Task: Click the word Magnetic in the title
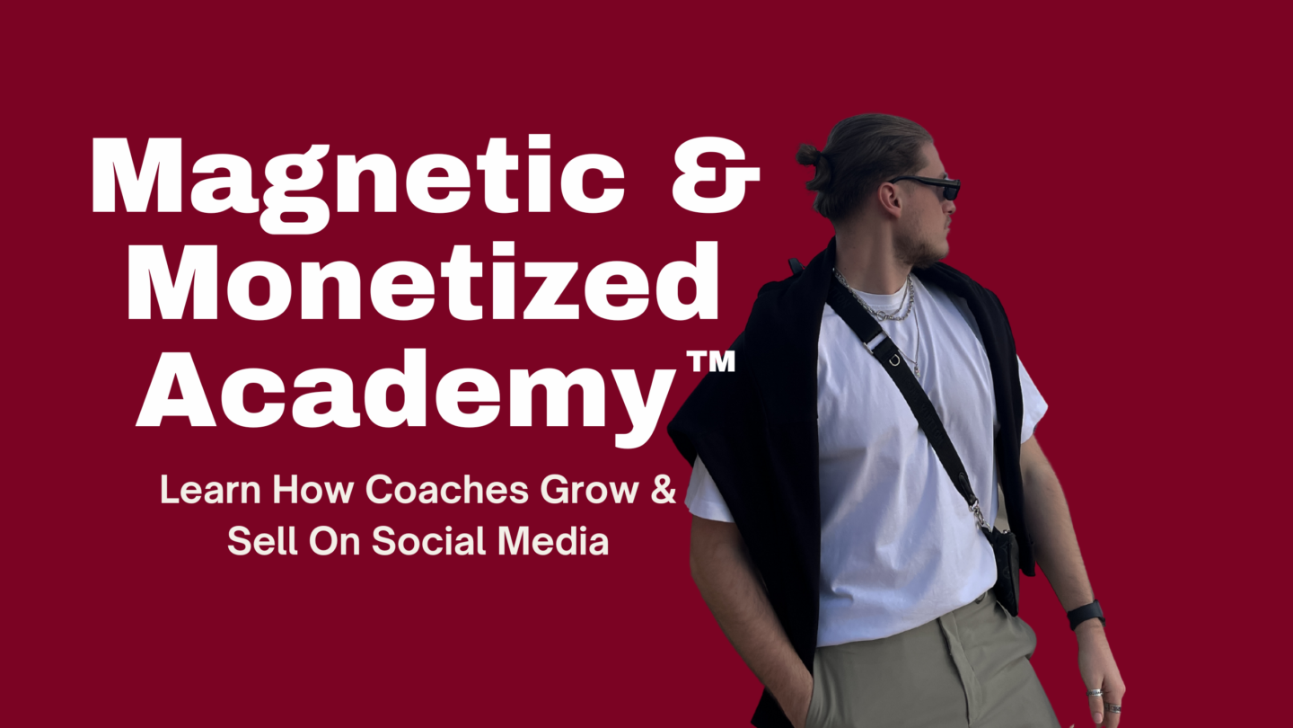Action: click(x=358, y=182)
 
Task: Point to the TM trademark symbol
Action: click(x=711, y=360)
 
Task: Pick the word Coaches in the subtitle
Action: click(x=447, y=490)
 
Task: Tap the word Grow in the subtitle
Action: click(x=589, y=490)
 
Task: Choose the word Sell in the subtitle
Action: click(x=262, y=541)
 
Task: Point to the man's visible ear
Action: click(x=890, y=198)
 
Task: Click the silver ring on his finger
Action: click(x=1095, y=692)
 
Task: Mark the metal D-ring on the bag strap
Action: click(x=894, y=360)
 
